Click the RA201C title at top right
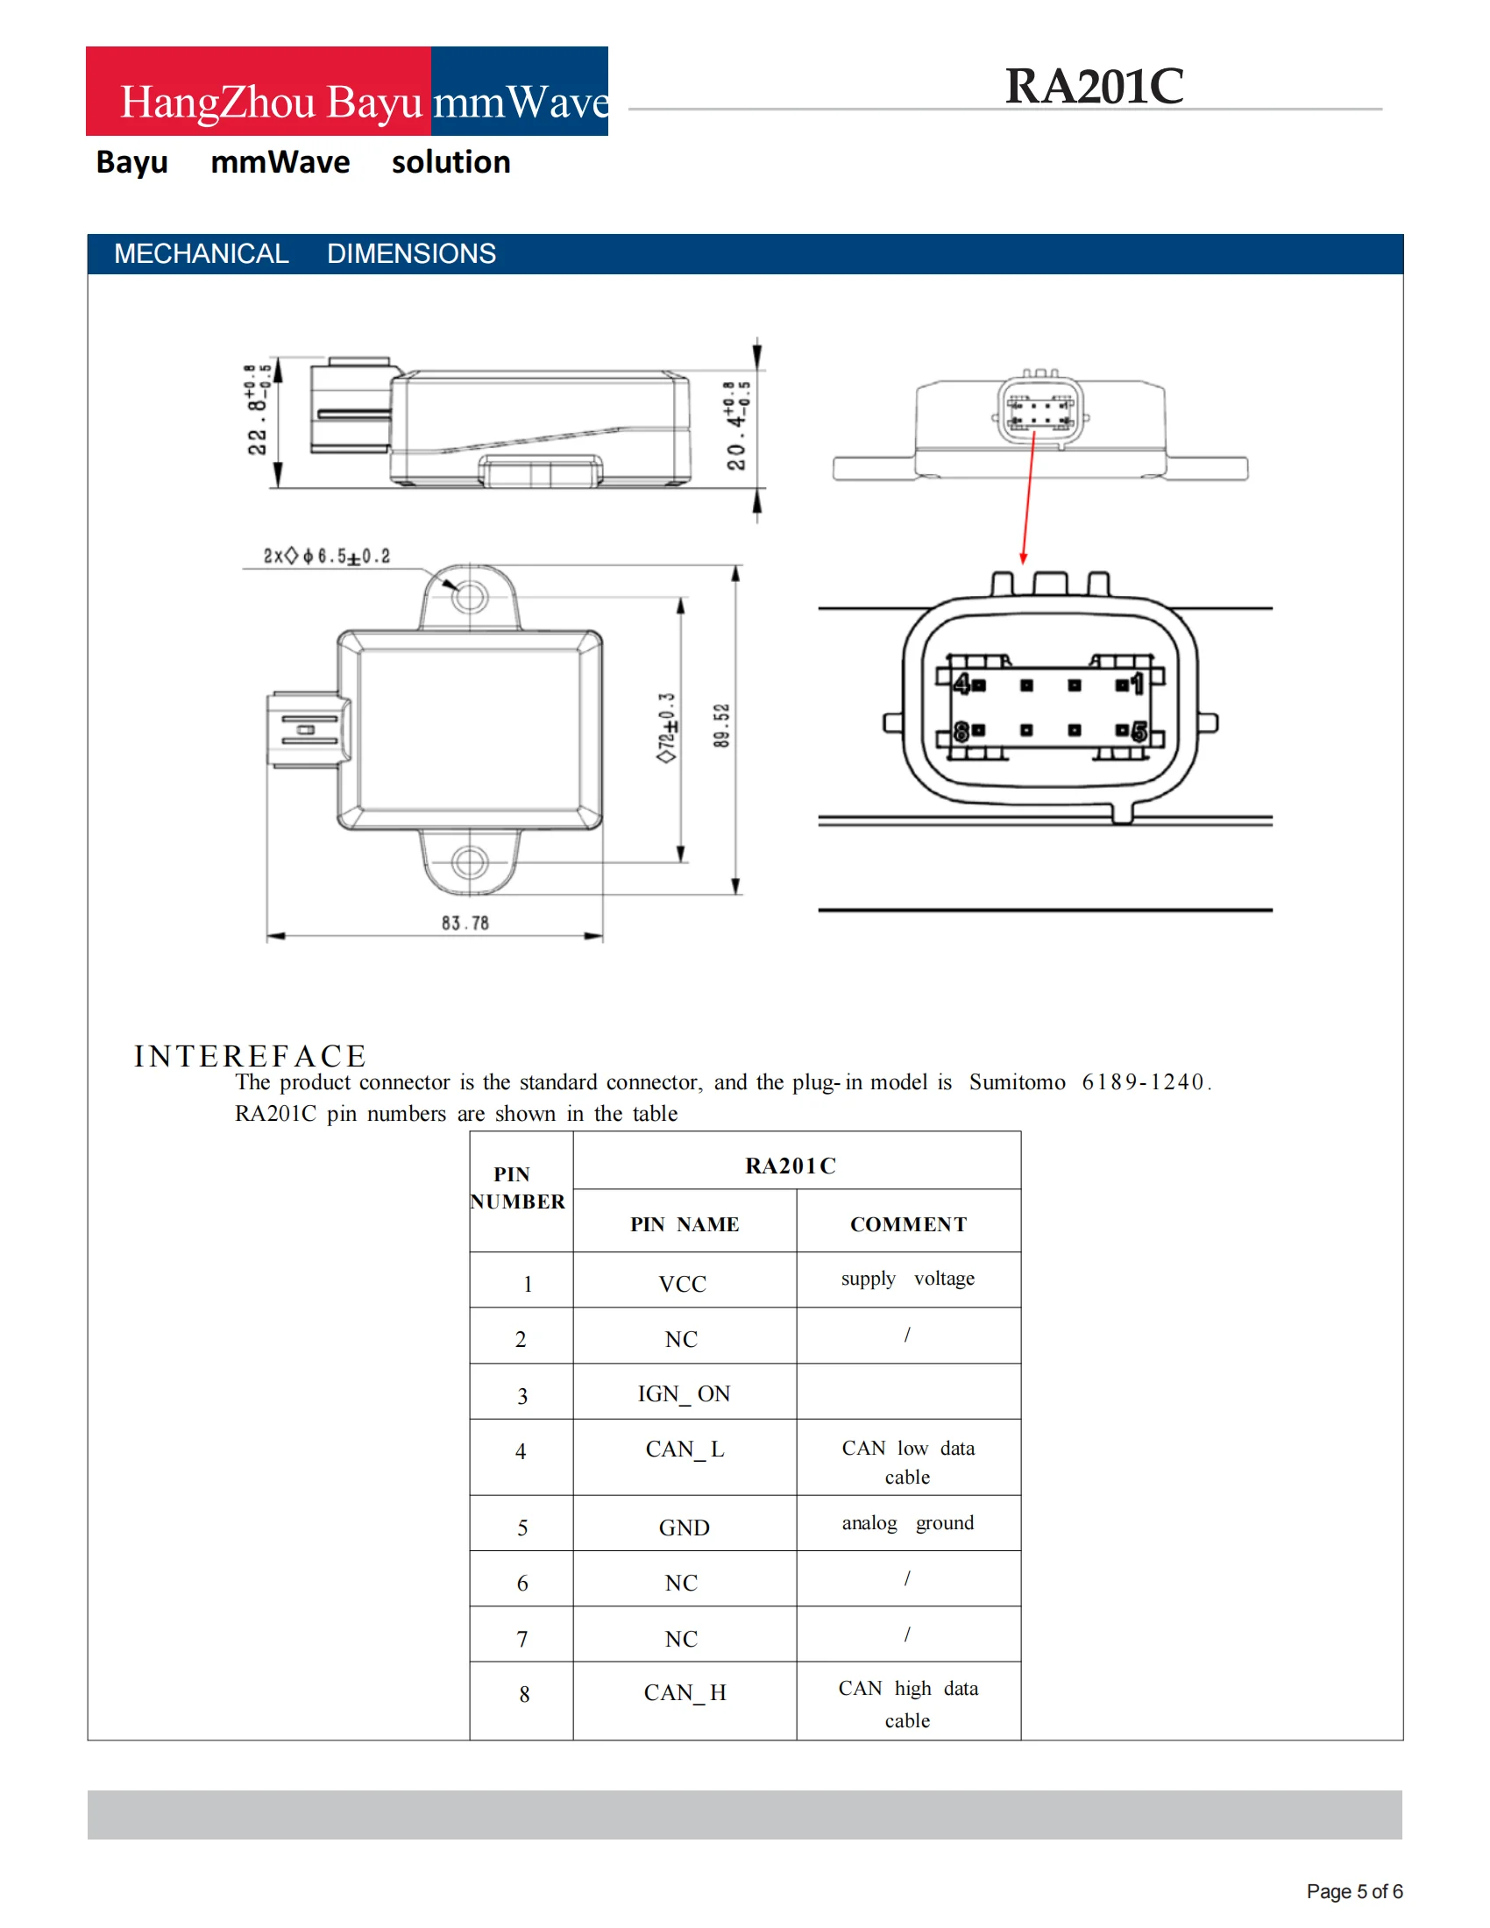tap(1094, 87)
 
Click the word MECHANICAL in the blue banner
tap(202, 254)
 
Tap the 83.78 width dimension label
tap(465, 924)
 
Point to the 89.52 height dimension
tap(722, 726)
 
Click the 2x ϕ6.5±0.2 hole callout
tap(327, 556)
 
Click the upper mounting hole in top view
tap(470, 597)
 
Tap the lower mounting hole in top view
tap(470, 861)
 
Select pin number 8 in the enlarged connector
tap(961, 731)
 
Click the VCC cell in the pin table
tap(682, 1285)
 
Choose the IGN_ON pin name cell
tap(685, 1394)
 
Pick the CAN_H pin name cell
tap(685, 1692)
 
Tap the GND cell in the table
tap(685, 1528)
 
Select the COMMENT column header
tap(908, 1224)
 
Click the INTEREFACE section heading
tap(250, 1056)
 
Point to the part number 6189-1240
tap(1143, 1082)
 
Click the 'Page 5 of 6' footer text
tap(1354, 1892)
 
